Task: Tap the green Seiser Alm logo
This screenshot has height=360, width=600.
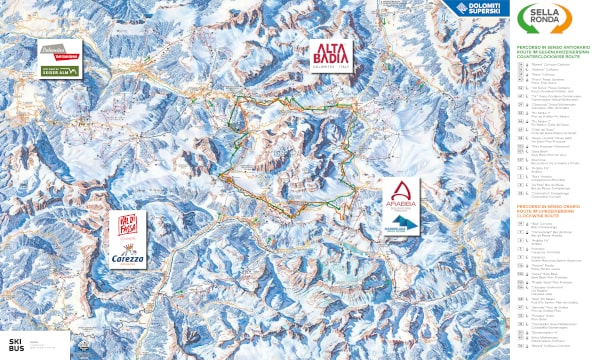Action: click(x=59, y=70)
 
